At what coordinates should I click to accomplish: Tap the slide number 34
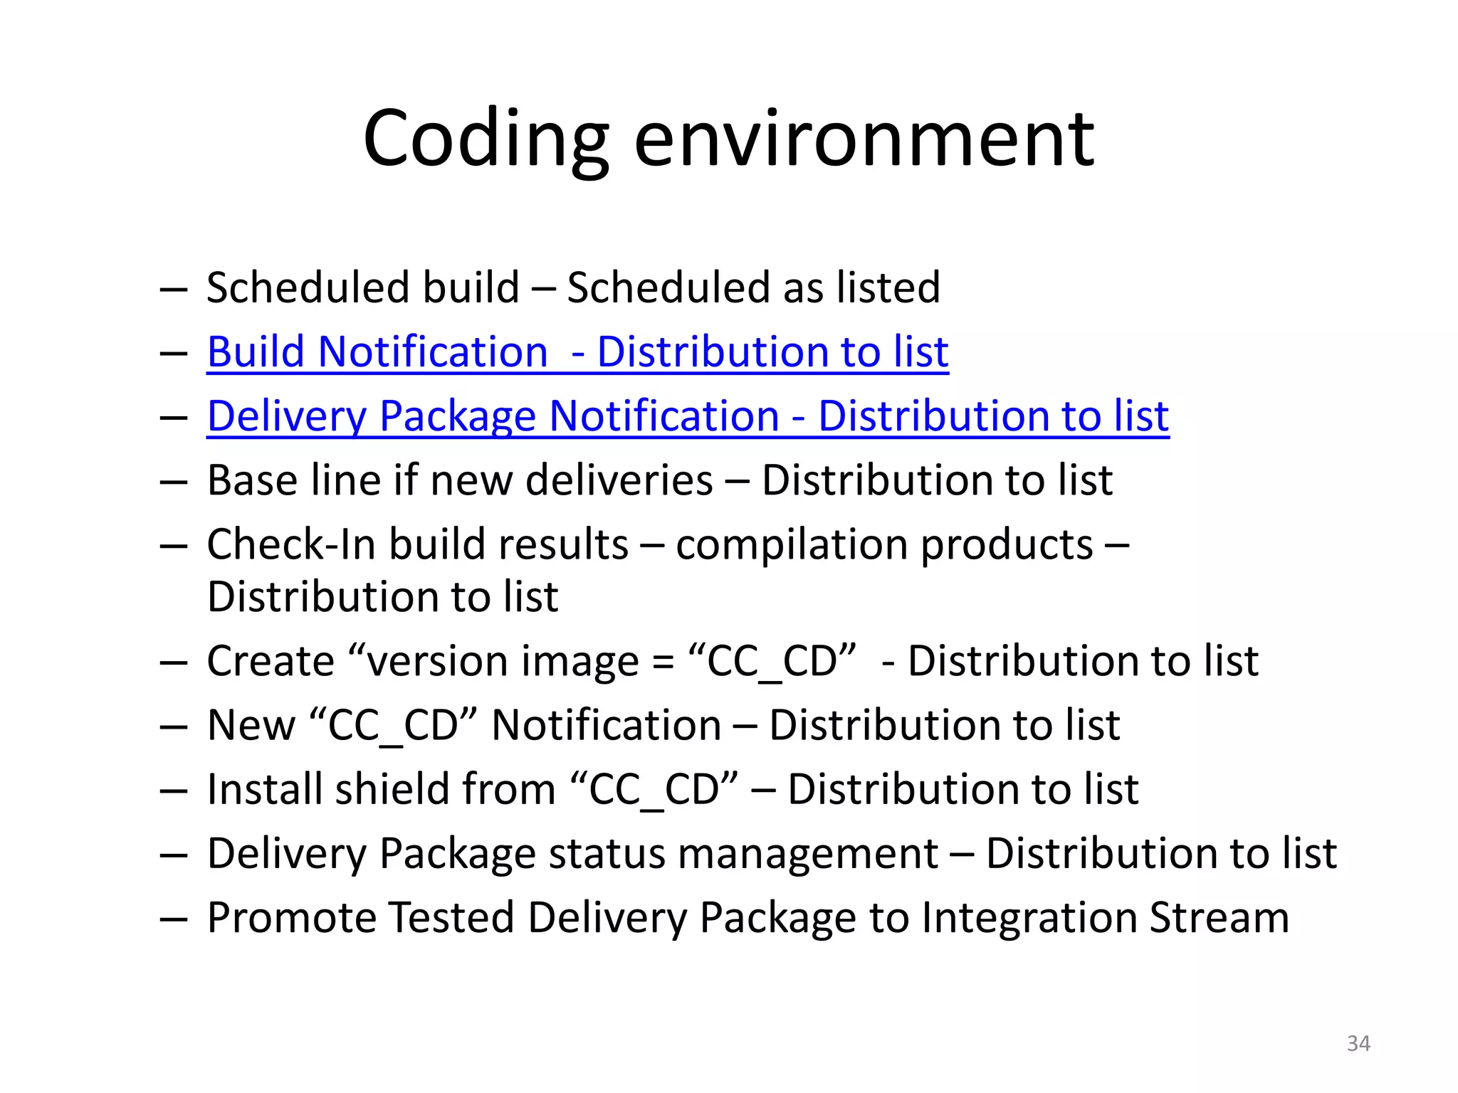click(x=1358, y=1043)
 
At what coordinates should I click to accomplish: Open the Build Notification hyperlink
click(x=577, y=352)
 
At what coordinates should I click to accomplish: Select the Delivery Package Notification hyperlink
click(x=688, y=416)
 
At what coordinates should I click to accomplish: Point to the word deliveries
click(x=619, y=480)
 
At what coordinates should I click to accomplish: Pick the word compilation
click(x=792, y=546)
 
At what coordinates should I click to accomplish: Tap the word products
click(x=1007, y=546)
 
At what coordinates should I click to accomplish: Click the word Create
click(x=271, y=661)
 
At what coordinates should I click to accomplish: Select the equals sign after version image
click(x=663, y=662)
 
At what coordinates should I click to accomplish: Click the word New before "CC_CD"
click(x=251, y=725)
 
